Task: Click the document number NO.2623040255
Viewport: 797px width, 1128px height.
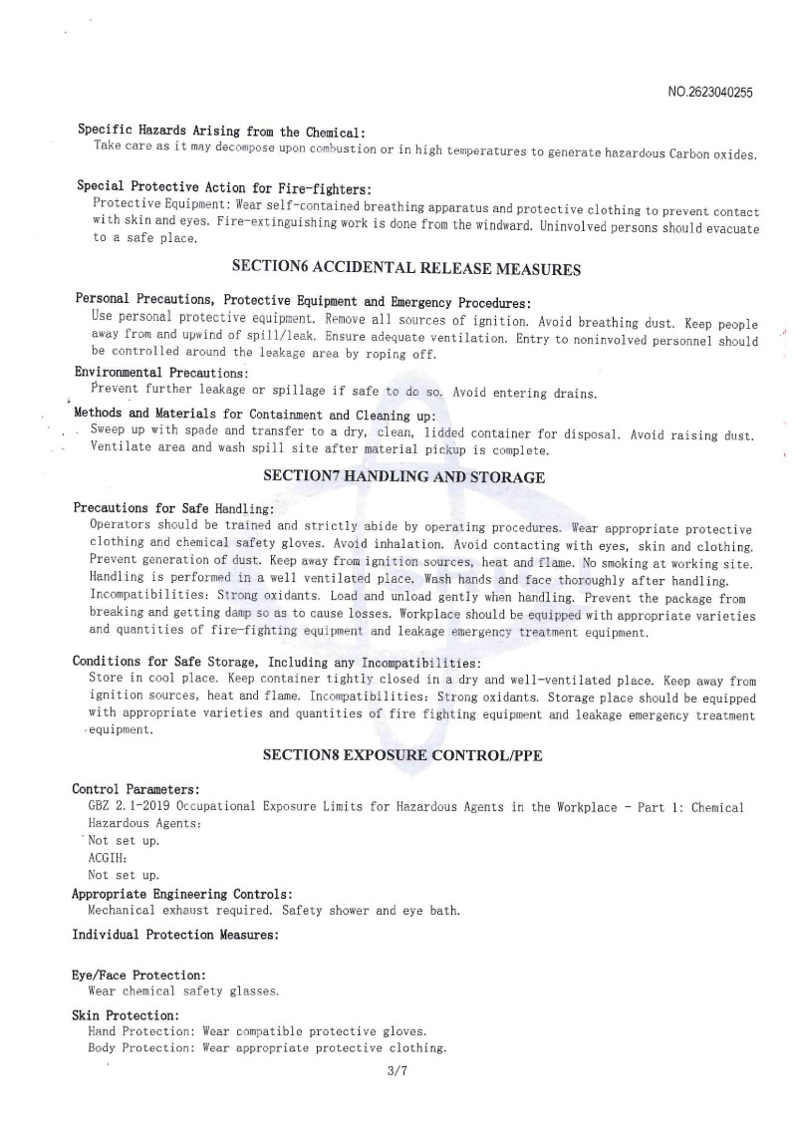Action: (709, 93)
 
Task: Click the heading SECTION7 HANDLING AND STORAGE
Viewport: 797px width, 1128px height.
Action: (403, 476)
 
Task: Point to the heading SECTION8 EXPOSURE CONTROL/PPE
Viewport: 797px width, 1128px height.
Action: (403, 755)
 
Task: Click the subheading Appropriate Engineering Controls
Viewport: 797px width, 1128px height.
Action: (181, 894)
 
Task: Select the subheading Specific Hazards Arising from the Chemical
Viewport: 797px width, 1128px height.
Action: (221, 131)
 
